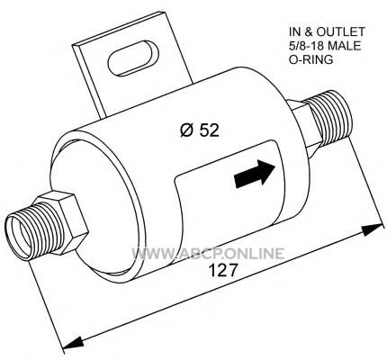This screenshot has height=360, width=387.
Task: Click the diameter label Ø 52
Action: tap(200, 130)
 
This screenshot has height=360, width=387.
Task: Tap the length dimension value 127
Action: tap(222, 270)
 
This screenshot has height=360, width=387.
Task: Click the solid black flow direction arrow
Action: tap(255, 174)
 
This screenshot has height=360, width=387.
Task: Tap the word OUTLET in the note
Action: tap(341, 31)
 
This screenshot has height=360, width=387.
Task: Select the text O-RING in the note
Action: tap(310, 59)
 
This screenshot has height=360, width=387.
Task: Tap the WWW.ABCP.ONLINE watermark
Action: tap(208, 254)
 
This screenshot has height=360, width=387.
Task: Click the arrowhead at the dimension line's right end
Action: tap(373, 229)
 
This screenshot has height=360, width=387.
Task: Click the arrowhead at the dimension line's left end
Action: tap(73, 343)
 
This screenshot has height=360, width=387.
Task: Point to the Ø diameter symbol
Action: tap(187, 131)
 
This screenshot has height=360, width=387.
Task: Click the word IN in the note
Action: tap(294, 31)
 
